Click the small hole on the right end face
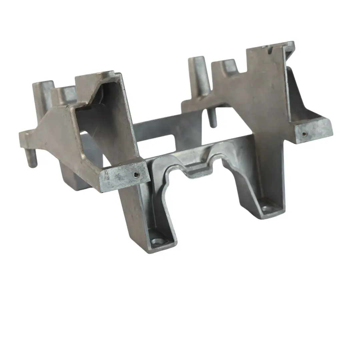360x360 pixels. point(304,134)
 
